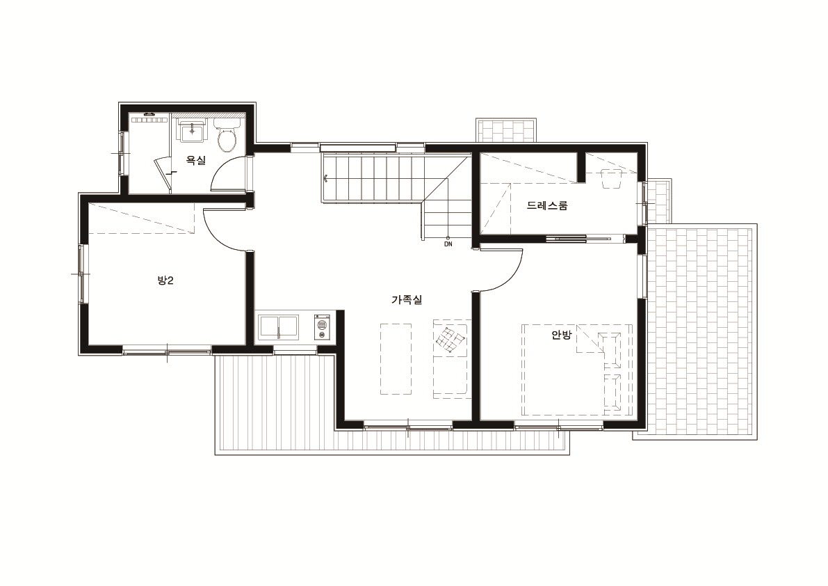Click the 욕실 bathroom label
point(196,161)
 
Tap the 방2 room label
point(165,280)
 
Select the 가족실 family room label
point(407,300)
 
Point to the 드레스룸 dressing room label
point(547,205)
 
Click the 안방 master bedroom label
point(561,335)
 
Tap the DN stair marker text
point(448,245)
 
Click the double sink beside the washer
point(278,328)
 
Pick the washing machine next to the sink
point(322,328)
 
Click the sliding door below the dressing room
point(585,238)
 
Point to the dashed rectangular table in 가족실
point(396,359)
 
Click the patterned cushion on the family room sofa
point(450,339)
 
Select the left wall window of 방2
point(82,274)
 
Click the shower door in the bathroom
point(163,175)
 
